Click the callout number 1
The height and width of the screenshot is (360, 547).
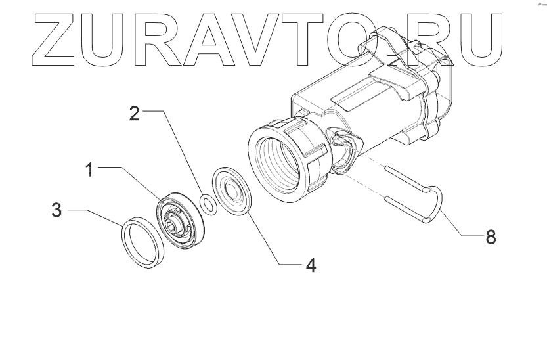tap(91, 169)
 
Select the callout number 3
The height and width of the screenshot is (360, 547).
tap(58, 211)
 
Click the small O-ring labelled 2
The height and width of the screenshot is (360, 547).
tap(209, 203)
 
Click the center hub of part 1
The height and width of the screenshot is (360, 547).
tap(173, 224)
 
